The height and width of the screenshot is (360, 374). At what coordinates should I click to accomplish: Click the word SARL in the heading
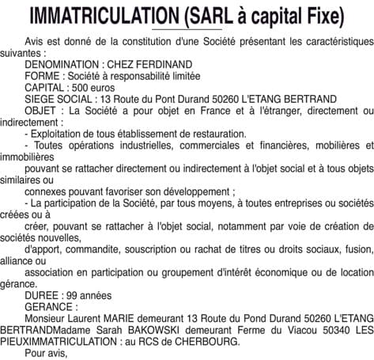(x=205, y=17)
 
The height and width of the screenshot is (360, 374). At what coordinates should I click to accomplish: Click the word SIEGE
(x=42, y=100)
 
